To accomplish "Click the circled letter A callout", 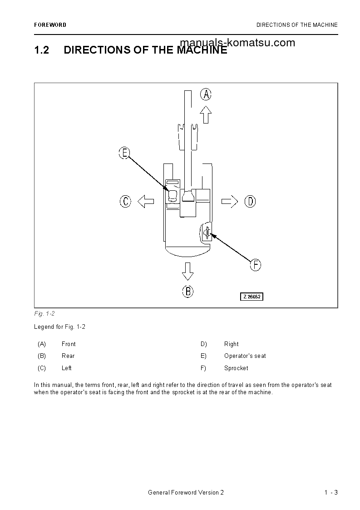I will click(206, 94).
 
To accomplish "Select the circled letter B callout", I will click(187, 291).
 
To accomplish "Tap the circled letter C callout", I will click(125, 201).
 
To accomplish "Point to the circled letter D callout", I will click(250, 201).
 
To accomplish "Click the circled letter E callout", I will click(124, 153).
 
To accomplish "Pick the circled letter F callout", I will click(256, 265).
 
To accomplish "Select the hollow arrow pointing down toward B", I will click(187, 271).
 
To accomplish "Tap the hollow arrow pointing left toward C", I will click(146, 201).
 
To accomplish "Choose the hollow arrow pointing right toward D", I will click(230, 201).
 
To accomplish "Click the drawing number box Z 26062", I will click(252, 297).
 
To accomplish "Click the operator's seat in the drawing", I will click(173, 196).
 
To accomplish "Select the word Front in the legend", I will click(69, 344).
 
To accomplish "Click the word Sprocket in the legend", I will click(236, 368).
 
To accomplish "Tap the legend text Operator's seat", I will click(245, 356).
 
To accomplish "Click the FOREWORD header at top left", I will click(50, 25).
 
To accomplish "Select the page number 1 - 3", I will click(331, 493).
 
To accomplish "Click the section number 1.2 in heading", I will click(41, 50).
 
